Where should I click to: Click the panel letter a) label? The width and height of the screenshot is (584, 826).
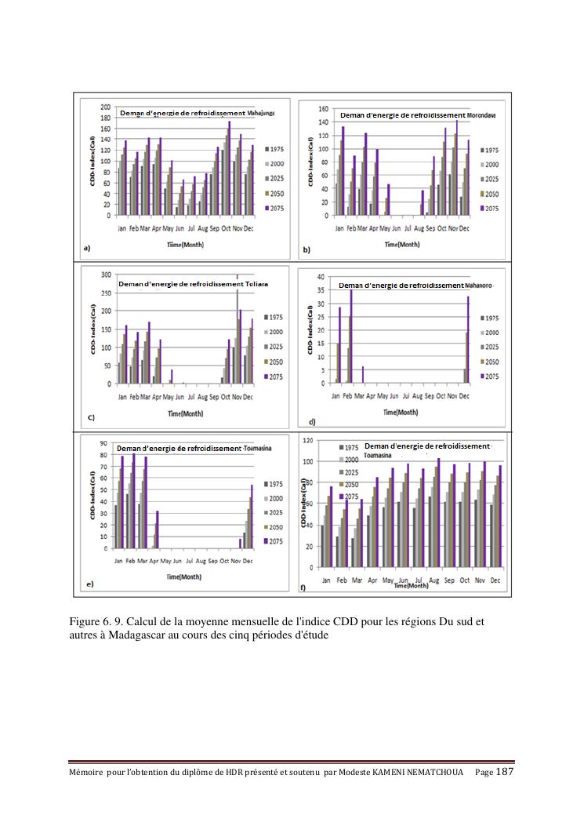pos(87,248)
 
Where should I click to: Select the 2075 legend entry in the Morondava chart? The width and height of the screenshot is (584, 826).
pos(490,209)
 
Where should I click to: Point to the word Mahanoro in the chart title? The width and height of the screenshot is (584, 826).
pos(478,286)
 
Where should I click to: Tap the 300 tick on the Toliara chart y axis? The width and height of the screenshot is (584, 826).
pos(105,275)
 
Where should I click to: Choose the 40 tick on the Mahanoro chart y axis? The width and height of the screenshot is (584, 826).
pos(320,277)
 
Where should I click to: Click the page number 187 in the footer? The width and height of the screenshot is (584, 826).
pos(505,772)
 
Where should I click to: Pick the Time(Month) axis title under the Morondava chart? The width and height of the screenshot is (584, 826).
pos(401,244)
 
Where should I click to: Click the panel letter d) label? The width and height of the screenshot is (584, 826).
pos(312,423)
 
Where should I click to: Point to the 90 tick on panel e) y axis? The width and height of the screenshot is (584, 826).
pos(105,443)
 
